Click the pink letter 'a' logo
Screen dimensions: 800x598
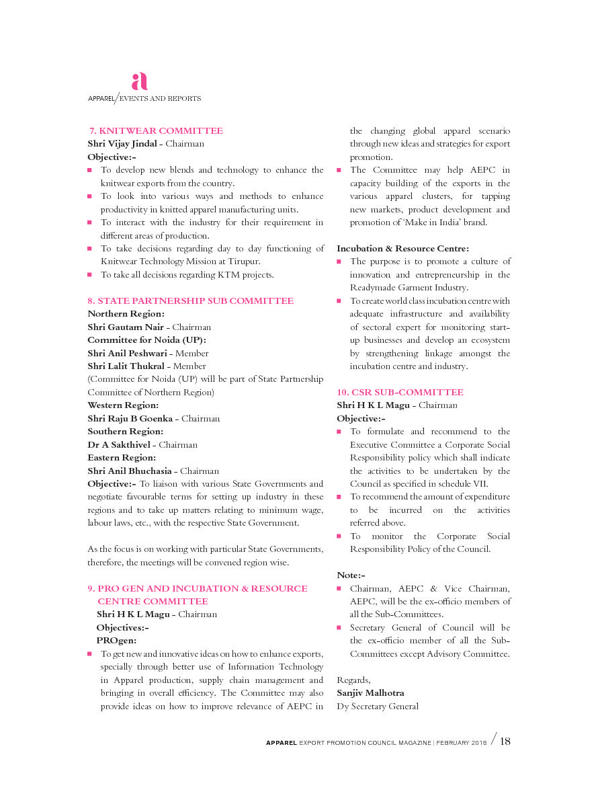[139, 81]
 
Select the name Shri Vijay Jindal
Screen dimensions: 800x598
[123, 144]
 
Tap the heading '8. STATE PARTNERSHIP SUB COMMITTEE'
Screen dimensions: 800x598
[190, 301]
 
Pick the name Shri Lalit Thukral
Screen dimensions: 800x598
[126, 366]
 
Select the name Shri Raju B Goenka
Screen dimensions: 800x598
[130, 419]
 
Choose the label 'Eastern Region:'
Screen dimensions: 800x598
[122, 458]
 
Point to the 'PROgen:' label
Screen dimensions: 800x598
[116, 641]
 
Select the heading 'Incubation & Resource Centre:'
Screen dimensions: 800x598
[402, 249]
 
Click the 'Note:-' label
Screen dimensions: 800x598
[351, 575]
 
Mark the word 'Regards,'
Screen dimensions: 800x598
[353, 680]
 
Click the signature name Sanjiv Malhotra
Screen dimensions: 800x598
[370, 693]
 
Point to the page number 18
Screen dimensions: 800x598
[505, 741]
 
